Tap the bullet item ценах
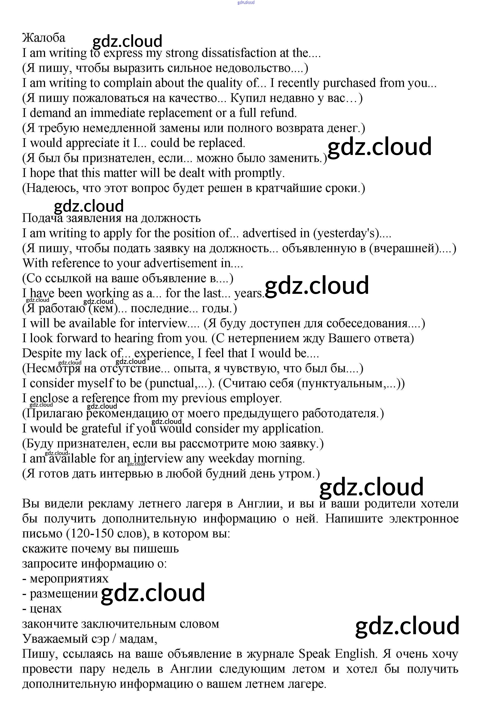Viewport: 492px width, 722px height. pyautogui.click(x=46, y=609)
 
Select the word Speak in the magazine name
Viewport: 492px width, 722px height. pyautogui.click(x=314, y=654)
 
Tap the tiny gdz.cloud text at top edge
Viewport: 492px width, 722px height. pyautogui.click(x=246, y=2)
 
